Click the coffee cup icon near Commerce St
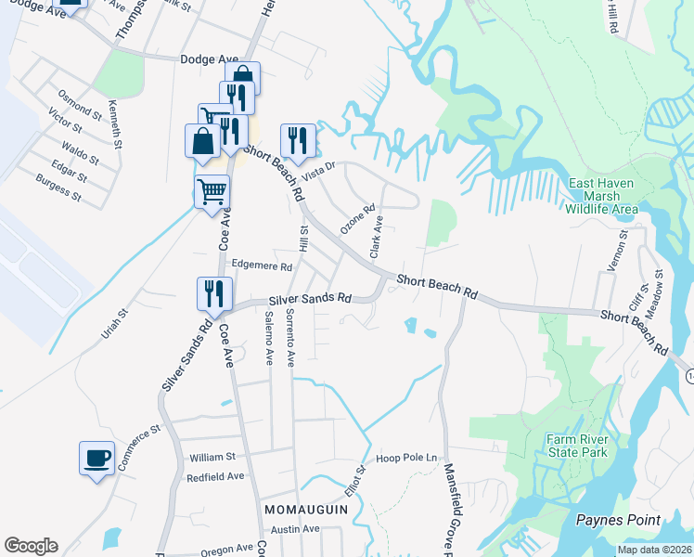(97, 458)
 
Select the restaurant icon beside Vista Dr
(298, 140)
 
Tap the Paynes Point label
(618, 520)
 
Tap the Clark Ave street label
(377, 237)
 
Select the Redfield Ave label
(215, 476)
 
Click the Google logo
(31, 546)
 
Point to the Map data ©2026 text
(654, 550)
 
